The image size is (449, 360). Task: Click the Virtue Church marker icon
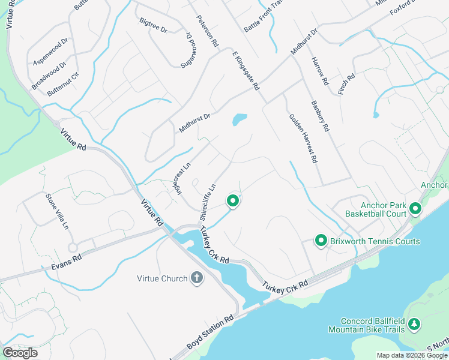[196, 277]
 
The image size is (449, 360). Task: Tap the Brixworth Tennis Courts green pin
[321, 241]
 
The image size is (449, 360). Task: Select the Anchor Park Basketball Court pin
[415, 209]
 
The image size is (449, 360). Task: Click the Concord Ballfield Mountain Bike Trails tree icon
[414, 325]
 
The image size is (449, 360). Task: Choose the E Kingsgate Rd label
[246, 70]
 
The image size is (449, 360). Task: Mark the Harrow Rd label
[320, 71]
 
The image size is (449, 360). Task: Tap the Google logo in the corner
[20, 353]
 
